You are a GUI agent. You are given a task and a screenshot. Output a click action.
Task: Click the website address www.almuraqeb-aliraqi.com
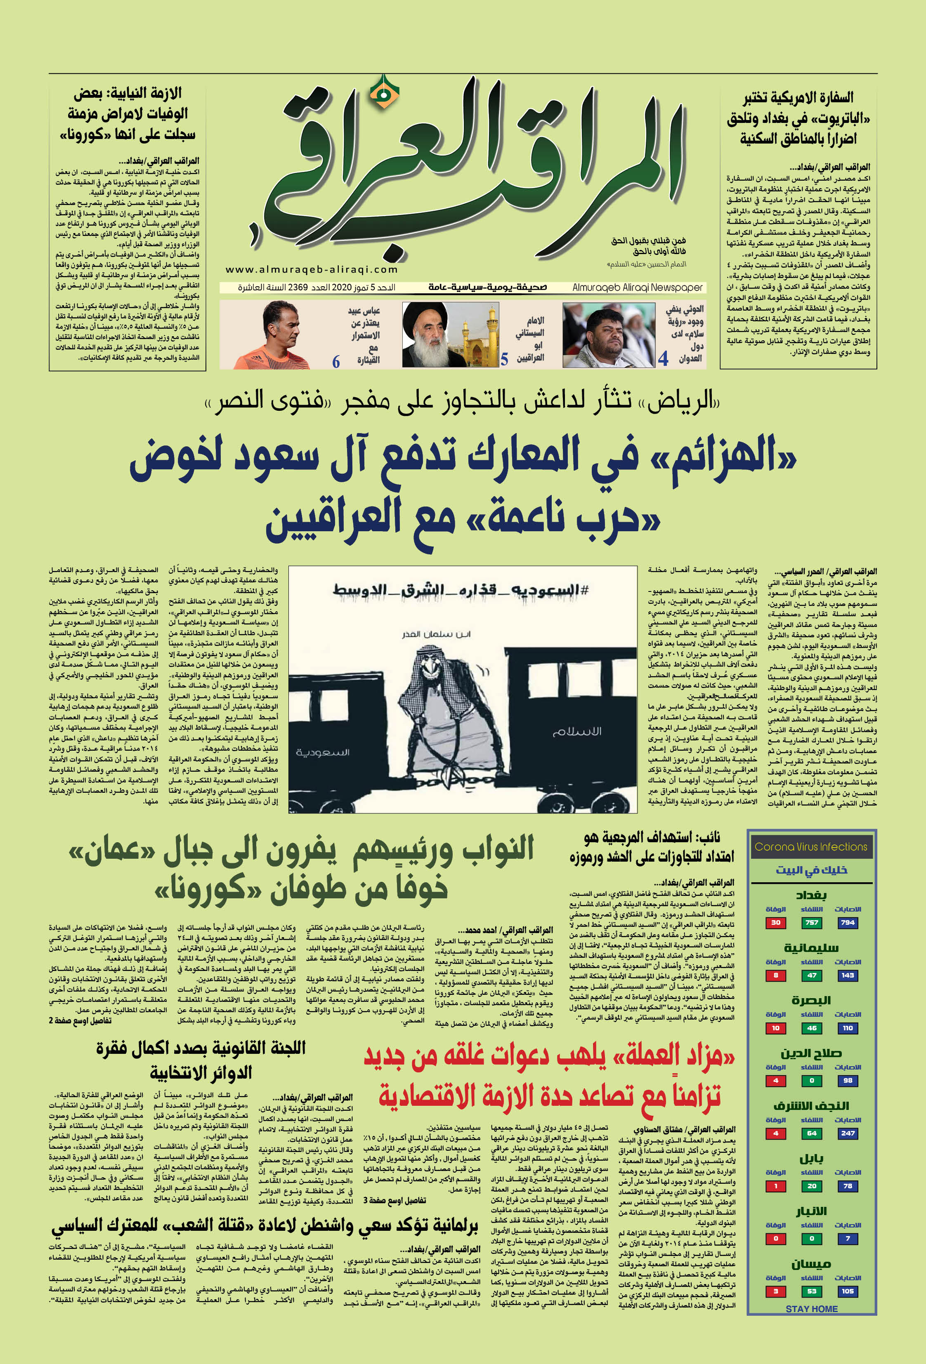[311, 269]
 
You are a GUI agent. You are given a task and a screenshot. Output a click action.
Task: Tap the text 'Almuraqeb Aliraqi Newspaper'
[637, 287]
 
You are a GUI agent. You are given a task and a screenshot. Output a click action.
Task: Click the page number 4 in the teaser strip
[663, 358]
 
